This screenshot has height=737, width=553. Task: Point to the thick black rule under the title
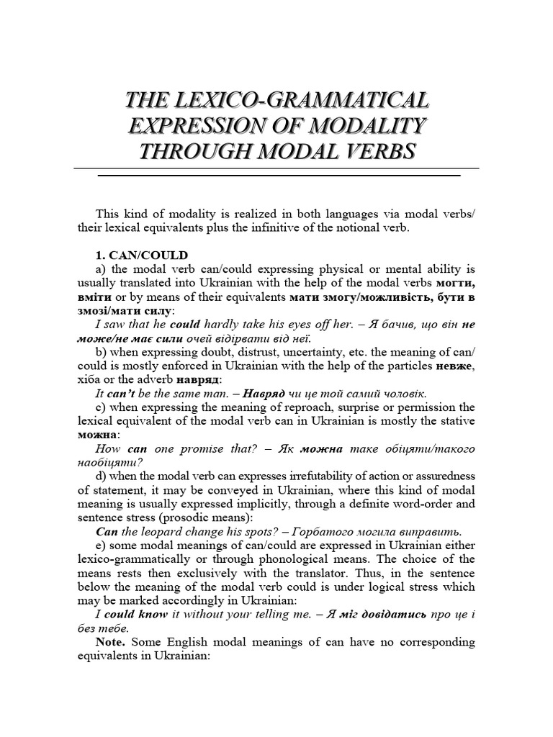coord(278,175)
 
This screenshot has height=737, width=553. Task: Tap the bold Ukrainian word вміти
coord(93,297)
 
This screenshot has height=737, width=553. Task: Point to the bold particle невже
coord(454,366)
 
